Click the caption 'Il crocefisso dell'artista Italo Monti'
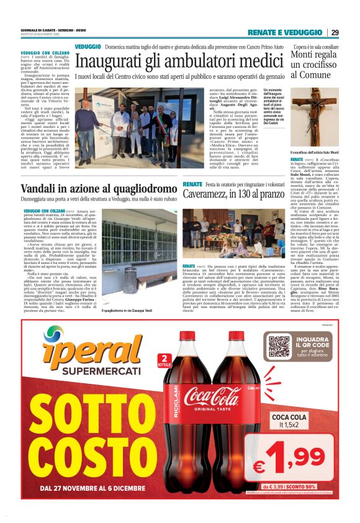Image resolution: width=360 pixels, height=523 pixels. [x=314, y=153]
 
